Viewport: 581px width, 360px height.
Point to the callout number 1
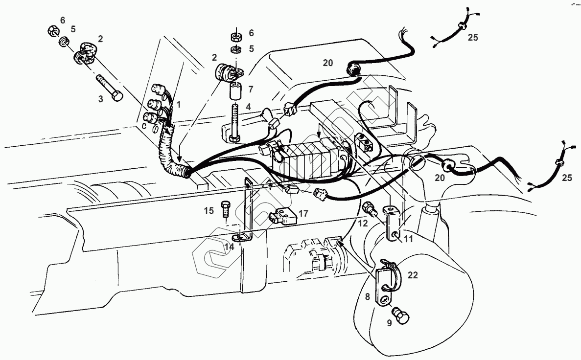pyautogui.click(x=179, y=104)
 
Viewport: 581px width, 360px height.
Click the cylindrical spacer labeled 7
pyautogui.click(x=235, y=91)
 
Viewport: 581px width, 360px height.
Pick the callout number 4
pyautogui.click(x=249, y=106)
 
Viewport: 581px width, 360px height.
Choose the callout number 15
pyautogui.click(x=209, y=211)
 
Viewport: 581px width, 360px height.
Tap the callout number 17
pyautogui.click(x=303, y=213)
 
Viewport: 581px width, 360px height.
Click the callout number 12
pyautogui.click(x=363, y=223)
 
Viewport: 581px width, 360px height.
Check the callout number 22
pyautogui.click(x=413, y=275)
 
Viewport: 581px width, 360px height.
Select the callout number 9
pyautogui.click(x=390, y=322)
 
